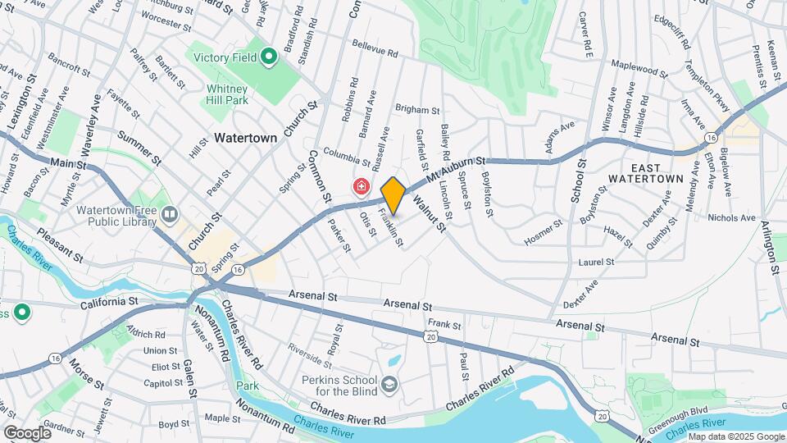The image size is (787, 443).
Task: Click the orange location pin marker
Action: pos(393,195)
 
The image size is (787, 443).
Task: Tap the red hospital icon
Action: pos(360,188)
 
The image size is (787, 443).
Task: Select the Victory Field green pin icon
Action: pos(267,57)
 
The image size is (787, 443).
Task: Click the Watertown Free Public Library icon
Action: pos(170,214)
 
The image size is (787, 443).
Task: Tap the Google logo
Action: pos(27,432)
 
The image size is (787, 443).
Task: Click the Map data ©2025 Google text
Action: pos(735,436)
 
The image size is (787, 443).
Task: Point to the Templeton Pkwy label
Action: pos(706,86)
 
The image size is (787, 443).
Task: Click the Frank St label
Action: pos(445,324)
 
